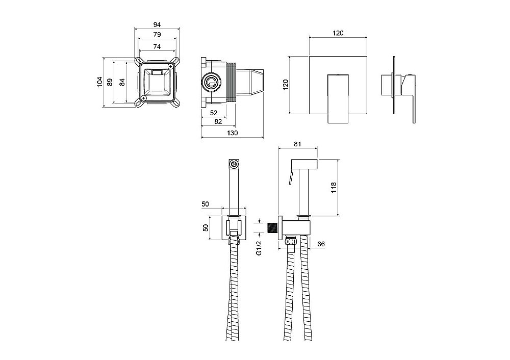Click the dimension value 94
158,24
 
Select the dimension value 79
158,35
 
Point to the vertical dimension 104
100,82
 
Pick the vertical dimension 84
122,82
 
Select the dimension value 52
214,113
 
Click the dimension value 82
218,121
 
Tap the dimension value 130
232,133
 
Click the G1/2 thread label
259,249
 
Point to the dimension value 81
298,144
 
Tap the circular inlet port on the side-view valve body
210,82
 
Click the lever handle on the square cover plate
337,97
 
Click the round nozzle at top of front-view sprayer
234,164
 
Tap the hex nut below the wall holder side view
291,239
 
